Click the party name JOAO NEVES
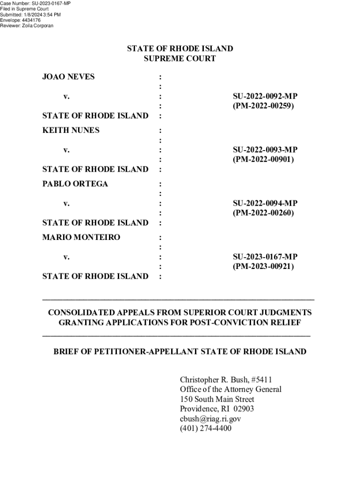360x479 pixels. [68, 76]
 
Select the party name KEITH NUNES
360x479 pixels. [71, 130]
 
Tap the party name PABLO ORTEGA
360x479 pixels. [75, 183]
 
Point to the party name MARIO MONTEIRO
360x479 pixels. [81, 237]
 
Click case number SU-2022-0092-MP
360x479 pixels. [265, 96]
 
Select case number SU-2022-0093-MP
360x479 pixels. [265, 150]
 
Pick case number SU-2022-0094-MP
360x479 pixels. [265, 203]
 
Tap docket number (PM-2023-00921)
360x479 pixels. [264, 267]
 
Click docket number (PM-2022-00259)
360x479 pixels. [264, 106]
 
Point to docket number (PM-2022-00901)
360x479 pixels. [264, 160]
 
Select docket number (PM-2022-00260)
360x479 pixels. [264, 213]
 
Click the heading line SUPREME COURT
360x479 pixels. [180, 58]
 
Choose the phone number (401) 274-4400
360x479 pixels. [206, 428]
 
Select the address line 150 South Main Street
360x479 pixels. [217, 399]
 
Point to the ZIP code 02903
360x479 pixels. [244, 409]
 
